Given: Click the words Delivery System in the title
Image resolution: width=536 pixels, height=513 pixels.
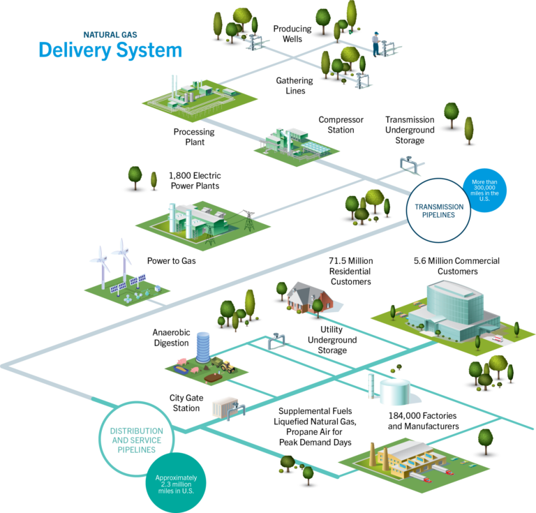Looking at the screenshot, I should [x=110, y=50].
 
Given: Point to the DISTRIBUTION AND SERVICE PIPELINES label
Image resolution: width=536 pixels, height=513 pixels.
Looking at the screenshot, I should [x=136, y=440].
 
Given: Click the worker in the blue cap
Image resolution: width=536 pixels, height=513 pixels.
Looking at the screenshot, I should [x=376, y=43].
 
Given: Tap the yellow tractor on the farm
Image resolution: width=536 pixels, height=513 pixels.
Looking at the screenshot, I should [x=226, y=364].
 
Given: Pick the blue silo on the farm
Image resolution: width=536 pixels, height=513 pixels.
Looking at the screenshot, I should [x=202, y=346].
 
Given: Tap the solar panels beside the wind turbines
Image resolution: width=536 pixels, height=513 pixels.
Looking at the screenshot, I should [x=129, y=285].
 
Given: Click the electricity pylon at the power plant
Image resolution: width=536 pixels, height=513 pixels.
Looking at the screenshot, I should [x=247, y=225].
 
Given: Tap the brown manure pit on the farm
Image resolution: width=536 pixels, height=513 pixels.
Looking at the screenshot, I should [x=210, y=376].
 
